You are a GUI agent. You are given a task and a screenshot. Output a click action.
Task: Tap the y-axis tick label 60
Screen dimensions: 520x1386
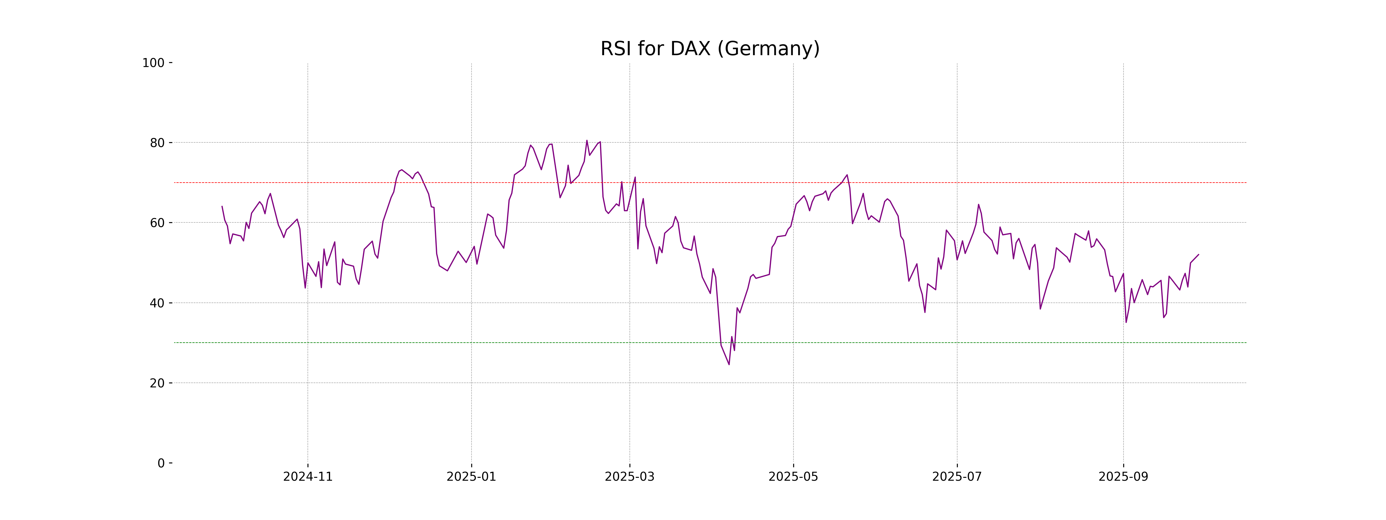[157, 223]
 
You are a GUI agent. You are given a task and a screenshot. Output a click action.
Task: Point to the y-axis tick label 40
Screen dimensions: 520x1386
[157, 303]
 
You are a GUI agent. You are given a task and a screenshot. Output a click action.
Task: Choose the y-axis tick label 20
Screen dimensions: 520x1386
[157, 383]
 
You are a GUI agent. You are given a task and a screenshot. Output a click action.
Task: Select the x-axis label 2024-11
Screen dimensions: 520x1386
[308, 477]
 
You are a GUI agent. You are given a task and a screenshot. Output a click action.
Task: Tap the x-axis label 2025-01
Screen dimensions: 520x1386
[471, 477]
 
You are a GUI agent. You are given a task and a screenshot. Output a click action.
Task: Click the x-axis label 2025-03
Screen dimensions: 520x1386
[629, 477]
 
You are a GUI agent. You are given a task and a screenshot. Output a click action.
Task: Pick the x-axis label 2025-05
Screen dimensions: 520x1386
[793, 477]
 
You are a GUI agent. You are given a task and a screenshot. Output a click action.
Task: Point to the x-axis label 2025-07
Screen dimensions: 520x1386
[957, 477]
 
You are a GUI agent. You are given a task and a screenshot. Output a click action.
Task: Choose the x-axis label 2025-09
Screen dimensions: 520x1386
[1123, 477]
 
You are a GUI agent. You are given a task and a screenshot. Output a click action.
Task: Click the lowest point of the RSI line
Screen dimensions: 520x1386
[729, 364]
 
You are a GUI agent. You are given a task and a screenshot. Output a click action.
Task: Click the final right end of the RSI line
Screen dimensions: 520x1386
[1198, 255]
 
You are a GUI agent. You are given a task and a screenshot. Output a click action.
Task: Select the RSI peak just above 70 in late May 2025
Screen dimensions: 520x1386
[847, 175]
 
